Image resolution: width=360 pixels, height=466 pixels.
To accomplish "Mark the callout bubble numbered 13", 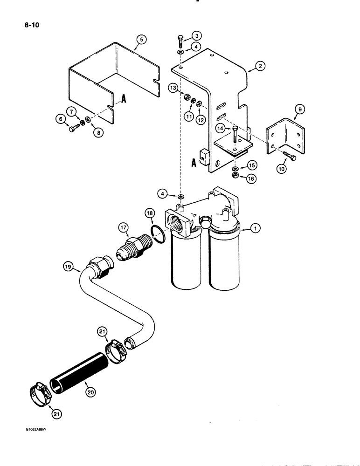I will click(173, 88).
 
